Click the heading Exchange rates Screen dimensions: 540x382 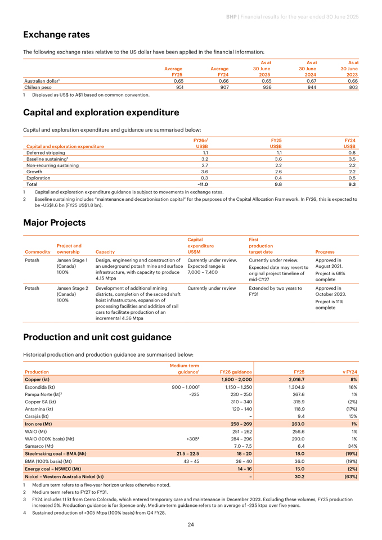point(56,35)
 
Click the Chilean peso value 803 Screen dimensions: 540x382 point(353,87)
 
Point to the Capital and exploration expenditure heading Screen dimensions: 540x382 point(101,112)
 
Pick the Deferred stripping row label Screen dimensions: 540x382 point(46,152)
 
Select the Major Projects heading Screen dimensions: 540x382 point(55,223)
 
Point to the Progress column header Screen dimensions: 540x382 point(325,252)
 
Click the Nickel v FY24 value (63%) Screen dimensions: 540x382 point(350,476)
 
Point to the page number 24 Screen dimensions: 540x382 point(191,524)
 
